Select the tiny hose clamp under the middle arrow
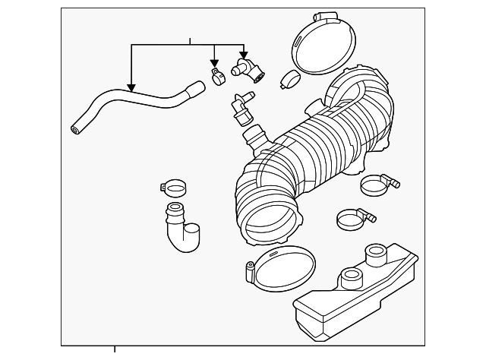click(x=216, y=76)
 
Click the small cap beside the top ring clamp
click(x=289, y=78)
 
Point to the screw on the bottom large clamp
click(x=248, y=272)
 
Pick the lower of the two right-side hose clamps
click(x=352, y=220)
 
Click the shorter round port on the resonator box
click(x=350, y=278)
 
